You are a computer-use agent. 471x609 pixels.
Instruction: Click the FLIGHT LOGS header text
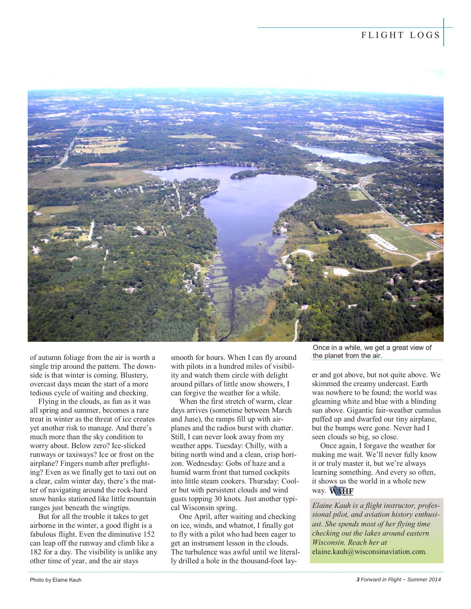(400, 35)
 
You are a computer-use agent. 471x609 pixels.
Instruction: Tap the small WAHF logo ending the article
(341, 491)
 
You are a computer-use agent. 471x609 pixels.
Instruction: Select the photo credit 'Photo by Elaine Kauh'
(55, 580)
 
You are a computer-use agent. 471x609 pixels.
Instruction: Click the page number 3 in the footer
(358, 579)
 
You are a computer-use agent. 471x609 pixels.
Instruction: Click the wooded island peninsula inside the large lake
(244, 173)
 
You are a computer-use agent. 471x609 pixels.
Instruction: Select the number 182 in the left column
(36, 552)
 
